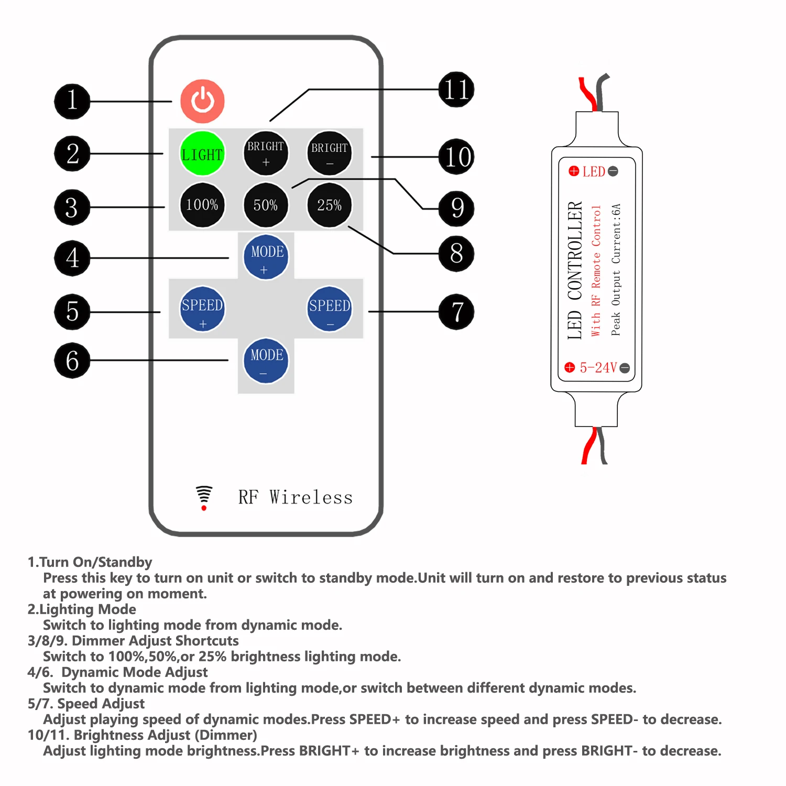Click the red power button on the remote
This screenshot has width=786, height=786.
(202, 101)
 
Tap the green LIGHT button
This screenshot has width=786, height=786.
(202, 154)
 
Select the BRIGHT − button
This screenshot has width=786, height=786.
(329, 153)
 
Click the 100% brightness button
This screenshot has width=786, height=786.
(202, 205)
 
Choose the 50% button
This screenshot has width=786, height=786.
(266, 205)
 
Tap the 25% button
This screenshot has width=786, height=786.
(329, 205)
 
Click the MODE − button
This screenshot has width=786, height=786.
(266, 361)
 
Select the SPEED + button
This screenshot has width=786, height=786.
(202, 309)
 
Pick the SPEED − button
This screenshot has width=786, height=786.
(329, 309)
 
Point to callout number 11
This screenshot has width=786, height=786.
(456, 90)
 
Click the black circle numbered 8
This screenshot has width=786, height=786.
(456, 254)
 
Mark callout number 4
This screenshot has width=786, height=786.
(72, 258)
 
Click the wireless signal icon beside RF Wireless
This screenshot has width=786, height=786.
(204, 497)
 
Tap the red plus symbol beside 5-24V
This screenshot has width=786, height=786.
(570, 367)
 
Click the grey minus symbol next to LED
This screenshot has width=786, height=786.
(613, 171)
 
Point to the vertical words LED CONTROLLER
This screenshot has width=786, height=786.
(575, 270)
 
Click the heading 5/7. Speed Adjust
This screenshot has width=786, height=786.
(86, 703)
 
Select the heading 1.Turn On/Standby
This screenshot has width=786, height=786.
(90, 562)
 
